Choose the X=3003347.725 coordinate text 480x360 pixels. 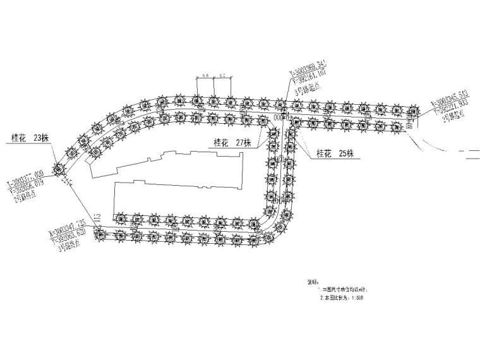pos(68,225)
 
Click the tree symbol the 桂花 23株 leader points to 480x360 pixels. pos(59,168)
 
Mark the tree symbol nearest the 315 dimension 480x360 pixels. pos(100,234)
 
